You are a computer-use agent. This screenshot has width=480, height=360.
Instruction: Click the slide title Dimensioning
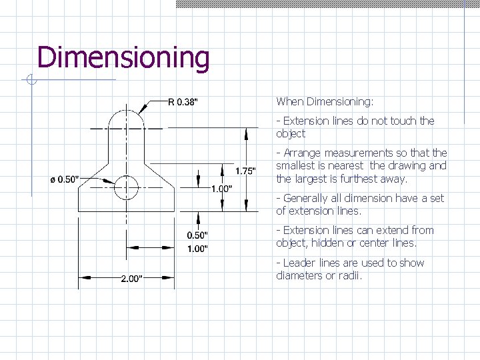click(123, 58)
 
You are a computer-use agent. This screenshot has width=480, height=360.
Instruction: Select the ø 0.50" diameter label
click(65, 179)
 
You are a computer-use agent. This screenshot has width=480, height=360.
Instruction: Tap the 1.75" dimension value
click(245, 171)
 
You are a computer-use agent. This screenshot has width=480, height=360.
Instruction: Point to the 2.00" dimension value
click(131, 279)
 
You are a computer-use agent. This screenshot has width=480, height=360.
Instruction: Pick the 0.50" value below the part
click(198, 235)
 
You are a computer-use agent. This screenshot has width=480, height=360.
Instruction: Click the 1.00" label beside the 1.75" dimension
click(221, 189)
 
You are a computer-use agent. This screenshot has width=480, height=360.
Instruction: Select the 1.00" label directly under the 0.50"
click(198, 249)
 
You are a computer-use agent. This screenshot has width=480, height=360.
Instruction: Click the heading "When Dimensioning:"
click(325, 102)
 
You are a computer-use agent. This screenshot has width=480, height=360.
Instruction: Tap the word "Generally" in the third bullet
click(307, 198)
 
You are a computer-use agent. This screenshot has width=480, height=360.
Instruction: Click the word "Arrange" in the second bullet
click(303, 153)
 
